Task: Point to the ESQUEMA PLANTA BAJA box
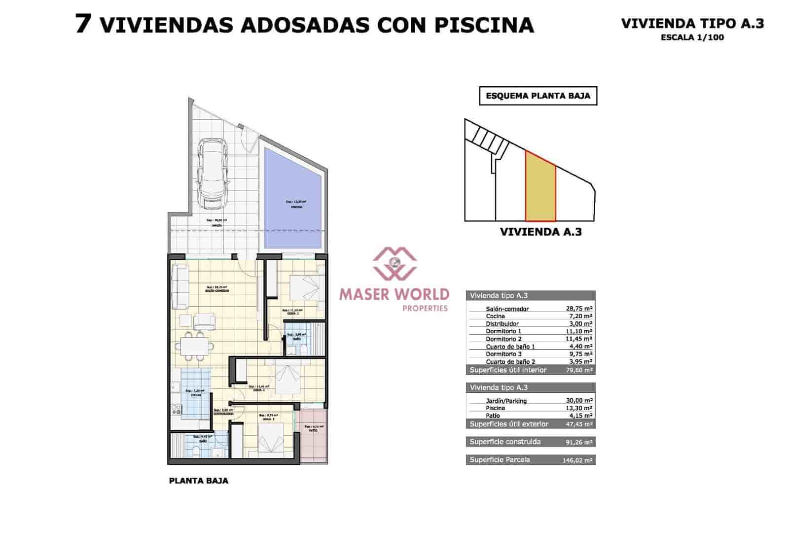tap(538, 96)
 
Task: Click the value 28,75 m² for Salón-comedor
tap(579, 309)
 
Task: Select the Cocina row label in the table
tap(495, 316)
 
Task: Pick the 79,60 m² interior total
tap(579, 370)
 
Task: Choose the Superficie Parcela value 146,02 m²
tap(577, 460)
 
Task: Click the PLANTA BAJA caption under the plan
tap(199, 481)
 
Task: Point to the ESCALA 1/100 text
tap(692, 37)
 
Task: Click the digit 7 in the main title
tap(83, 24)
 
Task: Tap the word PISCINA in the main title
tap(484, 25)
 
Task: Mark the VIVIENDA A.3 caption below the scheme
tap(540, 232)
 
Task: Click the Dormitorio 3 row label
tap(503, 354)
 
